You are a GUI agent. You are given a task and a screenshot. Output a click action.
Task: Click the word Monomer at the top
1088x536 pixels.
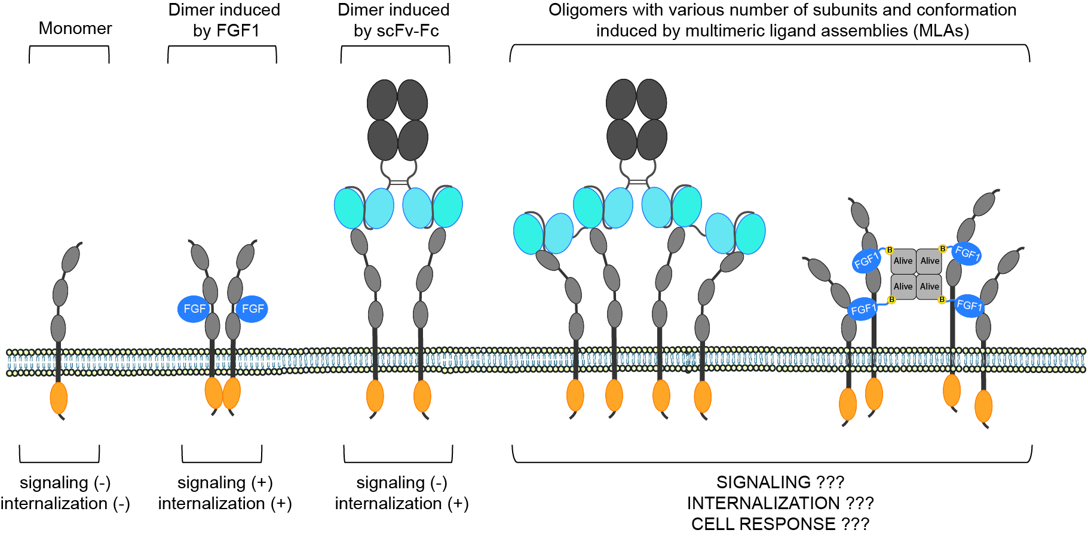tap(75, 28)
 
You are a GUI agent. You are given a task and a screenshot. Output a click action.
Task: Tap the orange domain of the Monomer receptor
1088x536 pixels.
tap(59, 398)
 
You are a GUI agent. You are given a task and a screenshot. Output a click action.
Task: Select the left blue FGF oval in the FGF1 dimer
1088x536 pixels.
tap(194, 309)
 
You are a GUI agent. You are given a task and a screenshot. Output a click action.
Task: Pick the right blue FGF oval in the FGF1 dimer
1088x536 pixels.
tap(252, 309)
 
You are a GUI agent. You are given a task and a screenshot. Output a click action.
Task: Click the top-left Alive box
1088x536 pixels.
tap(903, 261)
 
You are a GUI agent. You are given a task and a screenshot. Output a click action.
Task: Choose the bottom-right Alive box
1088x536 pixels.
tap(929, 287)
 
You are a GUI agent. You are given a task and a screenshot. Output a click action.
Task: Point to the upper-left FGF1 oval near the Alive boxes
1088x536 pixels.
tap(866, 260)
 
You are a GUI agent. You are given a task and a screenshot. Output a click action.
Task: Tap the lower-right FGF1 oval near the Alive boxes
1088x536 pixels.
tap(969, 306)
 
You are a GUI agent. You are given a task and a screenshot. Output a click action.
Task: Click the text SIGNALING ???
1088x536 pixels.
tap(780, 482)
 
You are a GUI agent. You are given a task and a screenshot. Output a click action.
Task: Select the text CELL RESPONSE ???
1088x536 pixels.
tap(780, 524)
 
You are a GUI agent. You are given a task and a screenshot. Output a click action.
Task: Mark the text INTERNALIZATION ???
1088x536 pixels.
tap(780, 503)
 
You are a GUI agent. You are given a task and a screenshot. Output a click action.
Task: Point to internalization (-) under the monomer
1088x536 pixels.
tap(65, 504)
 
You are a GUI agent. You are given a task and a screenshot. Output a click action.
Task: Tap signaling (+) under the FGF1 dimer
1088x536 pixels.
tap(225, 482)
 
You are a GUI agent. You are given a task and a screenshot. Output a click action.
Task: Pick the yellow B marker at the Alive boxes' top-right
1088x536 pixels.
tap(942, 249)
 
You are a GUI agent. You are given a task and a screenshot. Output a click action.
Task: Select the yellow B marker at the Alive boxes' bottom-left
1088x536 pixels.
tap(891, 300)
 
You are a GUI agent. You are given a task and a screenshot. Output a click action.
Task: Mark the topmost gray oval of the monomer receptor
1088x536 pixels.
tap(71, 258)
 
